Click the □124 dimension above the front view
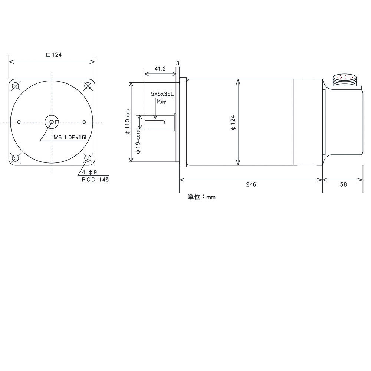[x=54, y=55]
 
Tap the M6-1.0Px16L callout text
[x=70, y=138]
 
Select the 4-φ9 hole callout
[x=90, y=172]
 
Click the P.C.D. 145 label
[x=95, y=180]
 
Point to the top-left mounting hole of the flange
[x=15, y=86]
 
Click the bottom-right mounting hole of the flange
[x=88, y=158]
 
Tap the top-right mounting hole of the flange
[x=88, y=86]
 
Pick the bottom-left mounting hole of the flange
[x=15, y=158]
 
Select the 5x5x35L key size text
[x=162, y=94]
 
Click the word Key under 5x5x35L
[x=162, y=101]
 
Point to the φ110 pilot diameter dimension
[x=128, y=122]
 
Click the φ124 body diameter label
[x=233, y=122]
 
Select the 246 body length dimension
[x=251, y=184]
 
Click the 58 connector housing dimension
[x=343, y=184]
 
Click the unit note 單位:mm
[x=201, y=197]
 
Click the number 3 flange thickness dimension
[x=178, y=63]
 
